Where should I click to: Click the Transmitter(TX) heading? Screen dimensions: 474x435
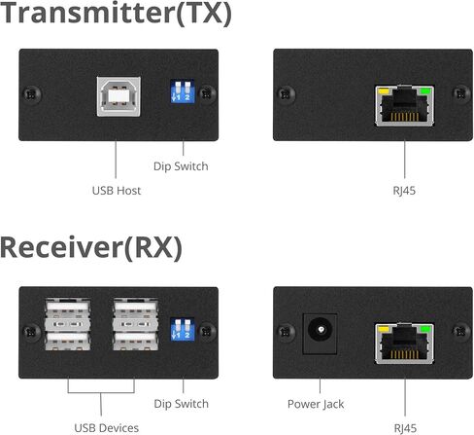pyautogui.click(x=116, y=13)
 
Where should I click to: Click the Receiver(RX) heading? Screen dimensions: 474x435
pyautogui.click(x=91, y=248)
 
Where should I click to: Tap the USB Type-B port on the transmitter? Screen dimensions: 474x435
pyautogui.click(x=118, y=96)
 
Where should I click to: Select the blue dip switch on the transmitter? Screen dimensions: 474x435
pyautogui.click(x=183, y=91)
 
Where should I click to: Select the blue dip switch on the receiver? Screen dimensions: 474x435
pyautogui.click(x=183, y=329)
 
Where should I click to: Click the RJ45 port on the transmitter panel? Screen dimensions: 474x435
pyautogui.click(x=405, y=106)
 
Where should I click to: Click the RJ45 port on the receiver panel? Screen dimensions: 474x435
pyautogui.click(x=404, y=344)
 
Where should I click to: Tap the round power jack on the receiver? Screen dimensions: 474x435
pyautogui.click(x=321, y=330)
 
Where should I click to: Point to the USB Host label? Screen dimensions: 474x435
pyautogui.click(x=117, y=191)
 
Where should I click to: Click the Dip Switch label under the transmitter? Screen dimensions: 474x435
pyautogui.click(x=181, y=166)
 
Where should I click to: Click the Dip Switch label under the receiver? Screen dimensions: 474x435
pyautogui.click(x=181, y=404)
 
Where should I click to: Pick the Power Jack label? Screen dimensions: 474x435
pyautogui.click(x=316, y=404)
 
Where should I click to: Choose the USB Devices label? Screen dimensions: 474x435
pyautogui.click(x=107, y=428)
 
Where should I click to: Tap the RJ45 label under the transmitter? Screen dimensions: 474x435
pyautogui.click(x=404, y=191)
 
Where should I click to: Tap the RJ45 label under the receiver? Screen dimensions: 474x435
pyautogui.click(x=405, y=428)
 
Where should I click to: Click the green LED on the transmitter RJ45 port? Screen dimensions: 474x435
pyautogui.click(x=425, y=91)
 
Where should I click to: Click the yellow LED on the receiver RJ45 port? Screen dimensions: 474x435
pyautogui.click(x=384, y=330)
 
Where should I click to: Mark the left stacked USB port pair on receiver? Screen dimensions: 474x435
pyautogui.click(x=68, y=324)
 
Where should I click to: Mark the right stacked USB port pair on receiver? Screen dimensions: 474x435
pyautogui.click(x=136, y=324)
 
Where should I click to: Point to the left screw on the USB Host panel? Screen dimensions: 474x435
pyautogui.click(x=32, y=94)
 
